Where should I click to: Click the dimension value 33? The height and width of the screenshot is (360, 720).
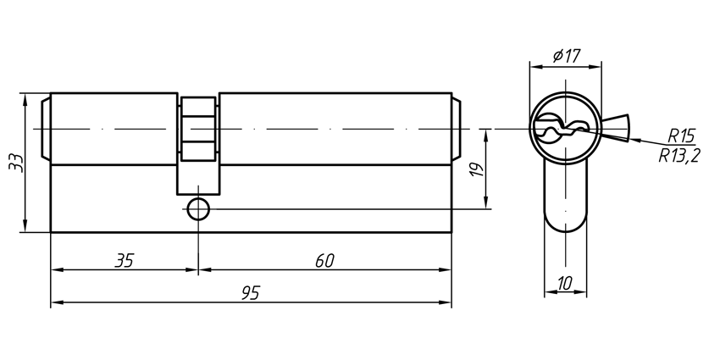click(x=14, y=162)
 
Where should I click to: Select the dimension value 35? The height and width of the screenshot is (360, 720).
click(x=125, y=260)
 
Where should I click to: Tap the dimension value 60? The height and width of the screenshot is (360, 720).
click(x=324, y=260)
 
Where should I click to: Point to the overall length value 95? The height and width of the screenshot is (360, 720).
click(x=250, y=292)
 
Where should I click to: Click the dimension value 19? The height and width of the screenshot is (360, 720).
click(x=476, y=169)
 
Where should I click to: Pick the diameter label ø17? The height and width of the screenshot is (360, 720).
click(x=565, y=56)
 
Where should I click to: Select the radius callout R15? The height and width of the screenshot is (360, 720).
click(x=680, y=136)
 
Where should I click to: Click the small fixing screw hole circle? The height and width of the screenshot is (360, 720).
click(x=198, y=208)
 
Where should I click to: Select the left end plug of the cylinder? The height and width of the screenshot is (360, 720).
click(x=46, y=129)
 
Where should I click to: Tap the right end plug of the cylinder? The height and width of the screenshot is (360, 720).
click(x=456, y=129)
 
